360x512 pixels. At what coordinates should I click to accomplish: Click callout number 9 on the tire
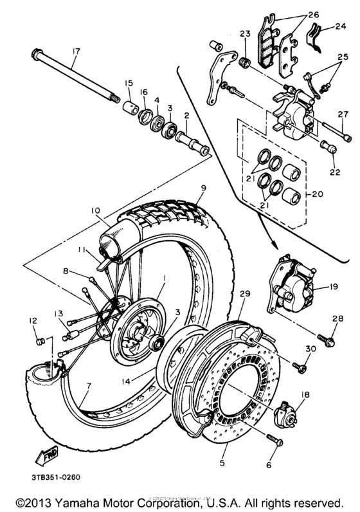(x=203, y=188)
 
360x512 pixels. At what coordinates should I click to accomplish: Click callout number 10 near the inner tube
(x=94, y=210)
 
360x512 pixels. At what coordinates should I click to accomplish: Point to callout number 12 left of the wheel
(x=34, y=320)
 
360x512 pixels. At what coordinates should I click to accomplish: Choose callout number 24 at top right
(x=340, y=27)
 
